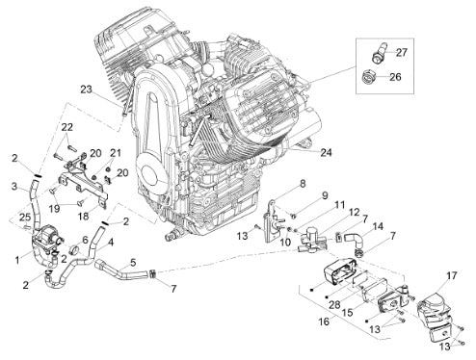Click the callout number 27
tap(402, 52)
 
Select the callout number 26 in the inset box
tap(396, 77)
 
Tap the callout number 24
tap(326, 152)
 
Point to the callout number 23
tap(86, 90)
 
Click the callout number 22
tap(67, 127)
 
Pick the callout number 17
tap(452, 275)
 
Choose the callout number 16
tap(324, 321)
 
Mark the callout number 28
tap(334, 304)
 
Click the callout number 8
tap(303, 184)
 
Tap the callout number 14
tap(378, 226)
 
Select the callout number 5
tap(133, 263)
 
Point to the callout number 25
tap(24, 218)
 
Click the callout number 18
tap(83, 216)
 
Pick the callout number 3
tap(14, 186)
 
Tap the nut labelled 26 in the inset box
tap(367, 77)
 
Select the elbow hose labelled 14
tap(354, 242)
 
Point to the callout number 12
tap(354, 213)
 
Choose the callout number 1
tap(17, 259)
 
